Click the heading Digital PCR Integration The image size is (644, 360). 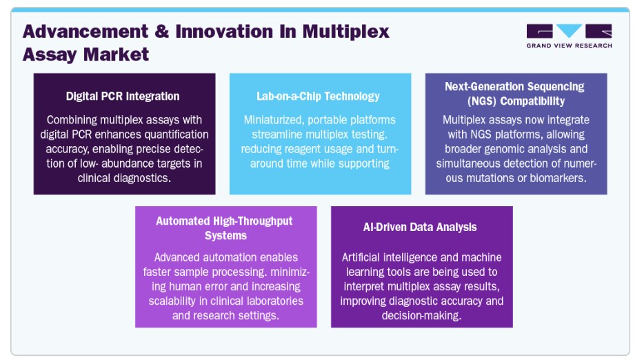pos(123,96)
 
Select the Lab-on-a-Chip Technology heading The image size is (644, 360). pos(319,96)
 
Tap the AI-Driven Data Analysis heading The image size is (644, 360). pos(420,227)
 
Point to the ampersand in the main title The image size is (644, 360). pos(162,32)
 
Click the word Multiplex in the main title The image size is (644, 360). pos(346,32)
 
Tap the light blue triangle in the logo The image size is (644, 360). pos(570,30)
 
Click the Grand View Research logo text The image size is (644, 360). pos(570,46)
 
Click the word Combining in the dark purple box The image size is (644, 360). pos(72,120)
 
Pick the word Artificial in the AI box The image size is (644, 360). pos(361,257)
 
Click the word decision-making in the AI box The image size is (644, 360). pos(421,316)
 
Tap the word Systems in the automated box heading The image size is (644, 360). pos(226,235)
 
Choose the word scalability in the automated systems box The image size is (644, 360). pos(172,301)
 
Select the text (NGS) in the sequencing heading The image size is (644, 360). pos(482,101)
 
